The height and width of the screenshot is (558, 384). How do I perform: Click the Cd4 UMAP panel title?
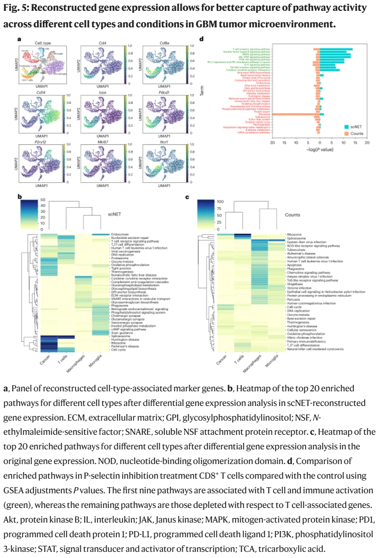(101, 43)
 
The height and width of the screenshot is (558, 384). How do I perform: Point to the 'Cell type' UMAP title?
(43, 43)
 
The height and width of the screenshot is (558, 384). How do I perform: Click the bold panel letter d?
(202, 39)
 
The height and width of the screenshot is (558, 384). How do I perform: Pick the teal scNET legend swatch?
(346, 127)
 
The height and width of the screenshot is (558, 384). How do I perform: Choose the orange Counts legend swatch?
(346, 134)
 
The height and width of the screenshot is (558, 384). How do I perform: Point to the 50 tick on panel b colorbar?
(42, 200)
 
